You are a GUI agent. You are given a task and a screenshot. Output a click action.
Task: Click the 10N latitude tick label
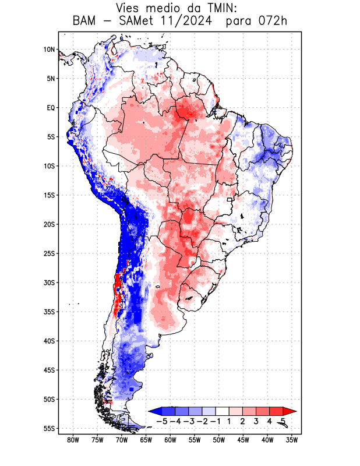coord(49,50)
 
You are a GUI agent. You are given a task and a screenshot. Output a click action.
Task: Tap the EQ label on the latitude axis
coord(50,108)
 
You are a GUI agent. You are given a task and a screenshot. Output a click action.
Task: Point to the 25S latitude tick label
coord(49,253)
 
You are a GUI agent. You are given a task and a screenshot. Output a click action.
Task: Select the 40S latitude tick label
coord(49,341)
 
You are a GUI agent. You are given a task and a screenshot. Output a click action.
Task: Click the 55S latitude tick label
coord(49,428)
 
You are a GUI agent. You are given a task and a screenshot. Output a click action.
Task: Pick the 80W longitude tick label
coord(73,440)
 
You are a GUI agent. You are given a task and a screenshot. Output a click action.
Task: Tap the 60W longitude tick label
coord(170,440)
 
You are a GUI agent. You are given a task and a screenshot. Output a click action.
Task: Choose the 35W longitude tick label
coord(291,440)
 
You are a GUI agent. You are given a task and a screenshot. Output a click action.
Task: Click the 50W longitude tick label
coord(218,440)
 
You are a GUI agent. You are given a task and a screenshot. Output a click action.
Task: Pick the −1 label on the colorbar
coord(215,421)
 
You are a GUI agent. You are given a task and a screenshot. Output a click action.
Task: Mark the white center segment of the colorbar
coord(222,411)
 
